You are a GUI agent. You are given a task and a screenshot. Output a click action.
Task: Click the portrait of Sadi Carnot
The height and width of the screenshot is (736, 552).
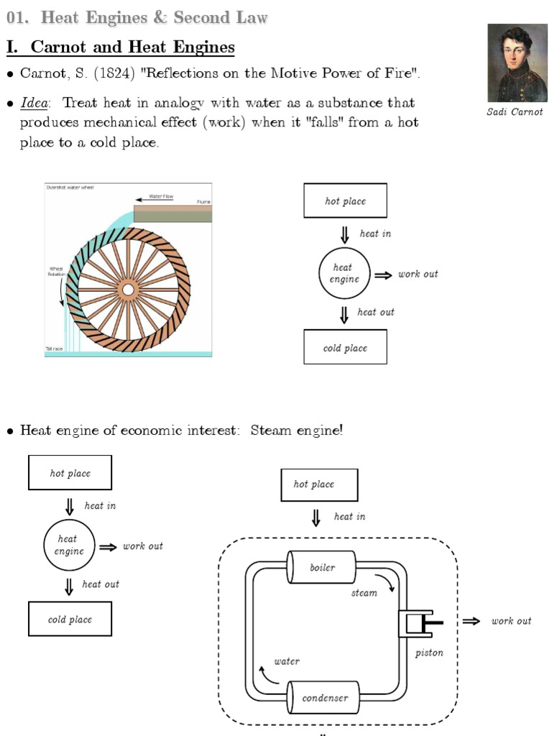(517, 63)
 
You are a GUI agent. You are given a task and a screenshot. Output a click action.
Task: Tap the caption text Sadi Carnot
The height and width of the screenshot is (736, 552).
(515, 112)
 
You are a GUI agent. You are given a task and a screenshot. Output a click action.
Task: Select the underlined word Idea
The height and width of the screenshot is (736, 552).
(32, 103)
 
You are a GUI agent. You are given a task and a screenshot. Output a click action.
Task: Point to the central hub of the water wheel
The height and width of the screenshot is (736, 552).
(128, 289)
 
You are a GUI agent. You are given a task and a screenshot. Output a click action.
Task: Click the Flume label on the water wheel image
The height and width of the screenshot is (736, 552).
(203, 202)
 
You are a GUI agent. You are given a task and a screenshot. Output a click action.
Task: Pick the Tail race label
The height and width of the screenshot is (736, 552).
(55, 349)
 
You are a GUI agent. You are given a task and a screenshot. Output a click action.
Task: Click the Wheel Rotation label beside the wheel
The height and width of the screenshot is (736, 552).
(56, 272)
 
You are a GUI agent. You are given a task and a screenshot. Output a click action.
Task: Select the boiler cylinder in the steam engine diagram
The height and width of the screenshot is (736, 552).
(322, 568)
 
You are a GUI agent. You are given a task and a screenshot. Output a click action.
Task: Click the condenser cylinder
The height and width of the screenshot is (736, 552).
(324, 698)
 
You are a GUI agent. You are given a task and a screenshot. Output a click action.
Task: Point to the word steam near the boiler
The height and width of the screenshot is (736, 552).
(364, 593)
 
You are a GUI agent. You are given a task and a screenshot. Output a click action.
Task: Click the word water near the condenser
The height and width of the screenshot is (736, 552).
(287, 661)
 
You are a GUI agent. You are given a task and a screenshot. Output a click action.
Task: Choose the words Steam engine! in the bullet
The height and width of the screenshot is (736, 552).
(297, 431)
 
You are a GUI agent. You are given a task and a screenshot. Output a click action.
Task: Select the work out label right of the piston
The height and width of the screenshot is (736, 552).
(511, 621)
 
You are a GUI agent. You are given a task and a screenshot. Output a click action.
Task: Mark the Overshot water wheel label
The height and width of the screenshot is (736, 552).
(70, 188)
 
